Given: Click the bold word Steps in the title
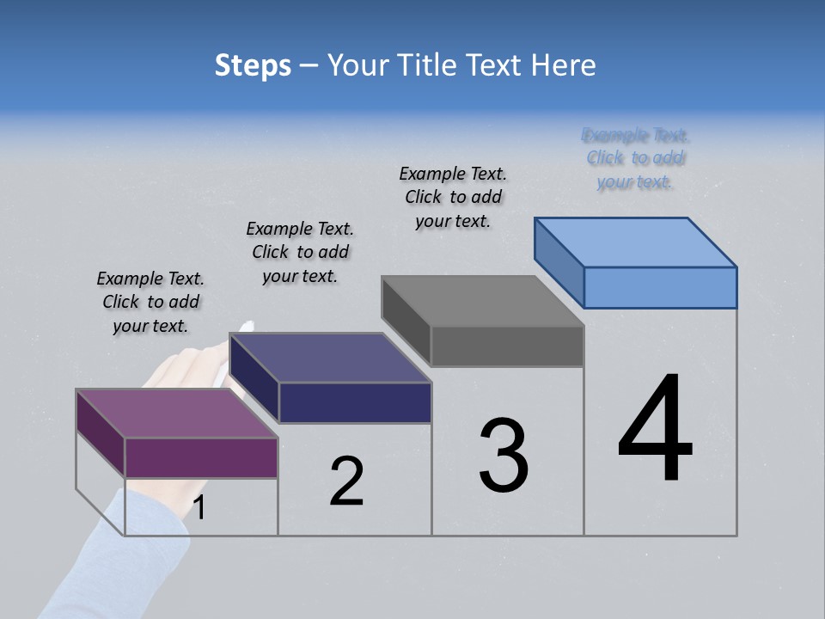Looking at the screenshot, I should tap(253, 66).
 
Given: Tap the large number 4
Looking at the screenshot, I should tap(655, 429).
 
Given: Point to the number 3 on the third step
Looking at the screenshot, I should tap(504, 455).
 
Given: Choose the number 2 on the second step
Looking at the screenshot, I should tap(347, 481).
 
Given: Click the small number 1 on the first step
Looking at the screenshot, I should tap(199, 508).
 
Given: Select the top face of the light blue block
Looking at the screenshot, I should tap(636, 242).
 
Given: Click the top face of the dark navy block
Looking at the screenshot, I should tap(331, 357).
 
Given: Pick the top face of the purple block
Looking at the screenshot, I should tap(177, 414).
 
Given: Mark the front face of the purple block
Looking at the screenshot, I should tap(201, 457).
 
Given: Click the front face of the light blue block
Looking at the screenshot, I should tap(660, 287).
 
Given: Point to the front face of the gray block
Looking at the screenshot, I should tap(507, 346).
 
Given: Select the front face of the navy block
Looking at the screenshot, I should tap(355, 402).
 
